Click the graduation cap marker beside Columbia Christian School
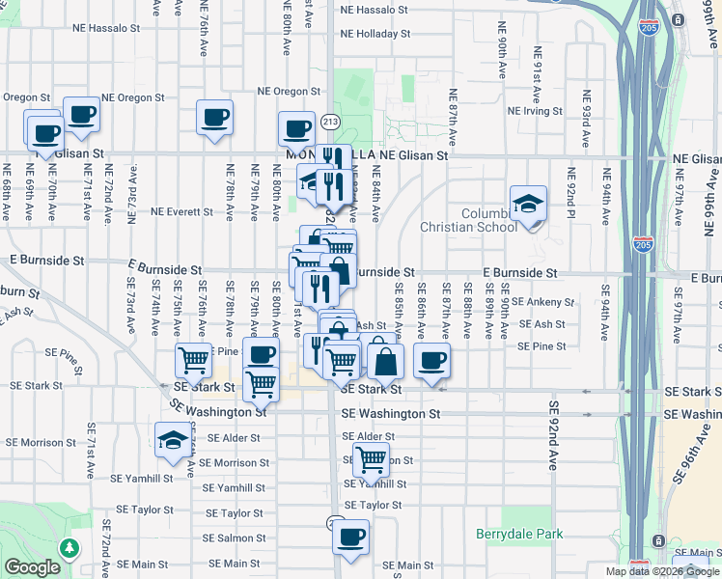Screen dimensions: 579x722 pos(528,205)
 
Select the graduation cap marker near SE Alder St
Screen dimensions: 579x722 pos(173,440)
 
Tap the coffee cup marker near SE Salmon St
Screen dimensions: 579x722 pos(351,537)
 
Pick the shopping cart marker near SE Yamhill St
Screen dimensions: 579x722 pos(372,463)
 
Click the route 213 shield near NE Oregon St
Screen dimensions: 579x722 pos(331,122)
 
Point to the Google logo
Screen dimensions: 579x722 pos(32,567)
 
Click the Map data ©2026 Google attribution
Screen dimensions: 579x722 pos(661,571)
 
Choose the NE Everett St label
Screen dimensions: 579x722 pos(181,211)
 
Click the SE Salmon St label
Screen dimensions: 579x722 pos(236,538)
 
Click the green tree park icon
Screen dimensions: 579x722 pos(69,547)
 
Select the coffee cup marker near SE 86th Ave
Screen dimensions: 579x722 pos(431,361)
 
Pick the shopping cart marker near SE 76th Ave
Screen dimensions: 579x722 pos(193,361)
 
